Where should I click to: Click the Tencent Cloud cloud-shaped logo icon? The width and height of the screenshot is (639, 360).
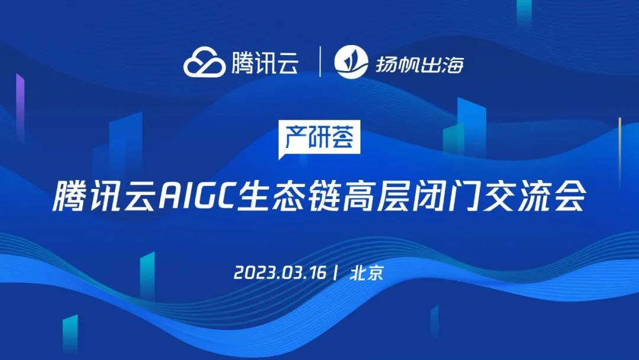pos(204,62)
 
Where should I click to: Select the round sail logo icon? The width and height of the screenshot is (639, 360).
pos(351,62)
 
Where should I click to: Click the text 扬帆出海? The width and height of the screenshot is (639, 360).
pos(419,64)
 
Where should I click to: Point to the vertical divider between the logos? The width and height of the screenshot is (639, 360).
pos(320,62)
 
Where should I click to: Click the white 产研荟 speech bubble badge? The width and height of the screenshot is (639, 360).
pos(319,138)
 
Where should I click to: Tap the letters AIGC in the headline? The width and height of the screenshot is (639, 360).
pos(197,196)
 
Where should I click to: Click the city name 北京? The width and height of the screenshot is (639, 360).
pos(367,272)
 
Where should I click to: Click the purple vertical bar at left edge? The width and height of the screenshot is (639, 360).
pos(20,108)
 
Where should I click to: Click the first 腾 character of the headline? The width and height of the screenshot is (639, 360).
pos(69,196)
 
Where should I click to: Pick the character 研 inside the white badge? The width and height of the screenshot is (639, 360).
pos(319,136)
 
